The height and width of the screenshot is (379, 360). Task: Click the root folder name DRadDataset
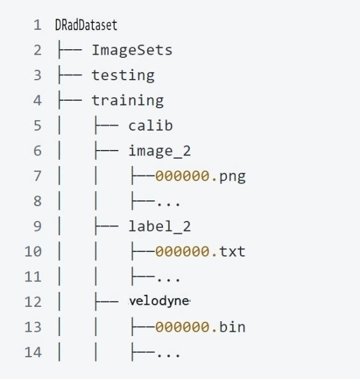click(86, 25)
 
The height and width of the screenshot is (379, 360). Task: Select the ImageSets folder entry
click(132, 50)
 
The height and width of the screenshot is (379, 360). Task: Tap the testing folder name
click(123, 75)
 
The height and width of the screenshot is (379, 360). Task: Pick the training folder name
click(127, 101)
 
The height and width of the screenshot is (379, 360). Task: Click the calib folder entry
click(150, 126)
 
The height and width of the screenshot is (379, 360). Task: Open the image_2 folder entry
click(160, 151)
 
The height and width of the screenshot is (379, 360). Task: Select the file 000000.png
click(200, 176)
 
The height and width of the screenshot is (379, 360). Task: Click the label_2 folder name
click(160, 227)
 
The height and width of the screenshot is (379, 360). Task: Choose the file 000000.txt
click(200, 251)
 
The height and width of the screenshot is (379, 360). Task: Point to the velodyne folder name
click(160, 301)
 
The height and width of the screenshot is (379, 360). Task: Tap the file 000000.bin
click(200, 327)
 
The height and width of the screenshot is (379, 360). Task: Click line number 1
click(37, 25)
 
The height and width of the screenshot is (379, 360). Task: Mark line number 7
click(37, 176)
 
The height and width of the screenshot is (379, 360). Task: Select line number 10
click(33, 251)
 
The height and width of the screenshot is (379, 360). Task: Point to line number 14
click(33, 352)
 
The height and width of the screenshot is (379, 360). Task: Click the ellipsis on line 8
click(168, 205)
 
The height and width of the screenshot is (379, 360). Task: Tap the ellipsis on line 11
click(168, 280)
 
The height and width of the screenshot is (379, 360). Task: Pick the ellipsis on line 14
click(168, 355)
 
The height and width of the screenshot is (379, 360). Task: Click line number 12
click(33, 302)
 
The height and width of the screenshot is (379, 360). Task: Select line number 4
click(37, 101)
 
